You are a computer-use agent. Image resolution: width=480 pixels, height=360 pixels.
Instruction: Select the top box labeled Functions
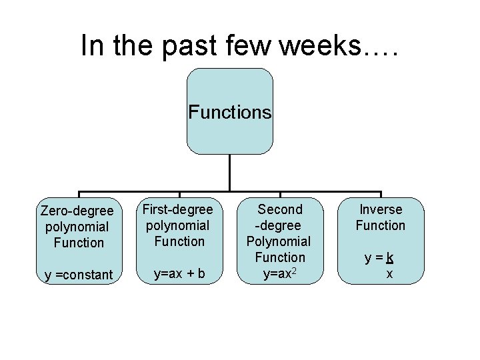pos(230,111)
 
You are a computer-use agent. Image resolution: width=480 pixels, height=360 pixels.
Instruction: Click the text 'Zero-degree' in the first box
pos(77,211)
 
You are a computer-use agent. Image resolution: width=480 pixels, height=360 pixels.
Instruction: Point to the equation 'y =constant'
pos(78,275)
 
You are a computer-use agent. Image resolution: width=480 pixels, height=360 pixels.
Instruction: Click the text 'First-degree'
pos(179,209)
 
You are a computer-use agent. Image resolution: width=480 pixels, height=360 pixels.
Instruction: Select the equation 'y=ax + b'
pos(179,273)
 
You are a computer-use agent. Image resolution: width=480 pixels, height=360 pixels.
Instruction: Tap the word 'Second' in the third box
pos(280,209)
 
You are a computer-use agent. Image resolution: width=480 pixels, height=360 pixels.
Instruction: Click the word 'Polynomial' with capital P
pos(279,241)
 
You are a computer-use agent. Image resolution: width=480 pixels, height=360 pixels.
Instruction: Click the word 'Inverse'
pos(380,209)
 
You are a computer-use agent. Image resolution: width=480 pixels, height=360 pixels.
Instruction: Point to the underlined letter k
pos(389,257)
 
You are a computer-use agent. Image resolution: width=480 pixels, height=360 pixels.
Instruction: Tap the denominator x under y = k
pos(389,273)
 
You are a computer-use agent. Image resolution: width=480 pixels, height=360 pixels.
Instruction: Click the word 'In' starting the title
pos(91,45)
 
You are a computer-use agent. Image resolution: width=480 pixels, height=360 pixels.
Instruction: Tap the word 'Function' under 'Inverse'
pos(380,225)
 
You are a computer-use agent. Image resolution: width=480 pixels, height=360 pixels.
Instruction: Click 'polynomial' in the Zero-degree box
pos(77,227)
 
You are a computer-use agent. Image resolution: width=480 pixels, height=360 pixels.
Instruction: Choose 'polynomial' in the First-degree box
pos(179,225)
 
